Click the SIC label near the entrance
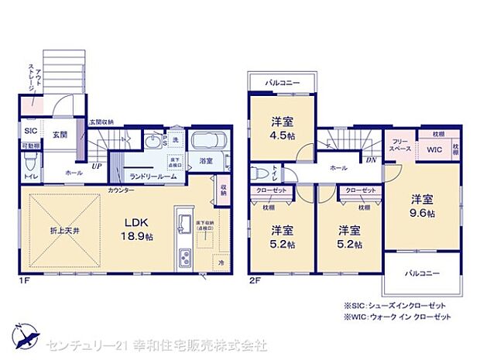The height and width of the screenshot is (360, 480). click(30, 131)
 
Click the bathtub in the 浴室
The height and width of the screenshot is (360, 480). click(207, 143)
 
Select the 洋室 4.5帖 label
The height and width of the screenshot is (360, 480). click(281, 126)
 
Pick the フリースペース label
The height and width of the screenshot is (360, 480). click(399, 144)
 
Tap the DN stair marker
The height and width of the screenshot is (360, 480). click(370, 161)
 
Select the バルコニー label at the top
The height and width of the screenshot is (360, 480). click(283, 82)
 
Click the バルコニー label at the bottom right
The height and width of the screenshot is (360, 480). click(422, 274)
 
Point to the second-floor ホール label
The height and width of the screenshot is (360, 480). click(338, 166)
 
